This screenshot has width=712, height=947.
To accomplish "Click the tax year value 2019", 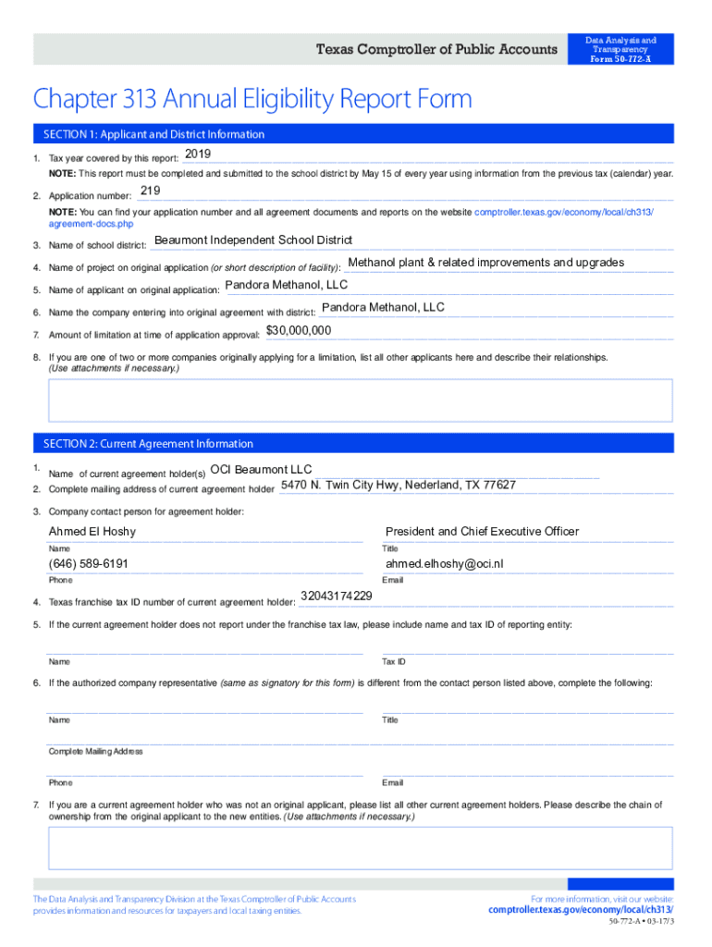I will pyautogui.click(x=199, y=154).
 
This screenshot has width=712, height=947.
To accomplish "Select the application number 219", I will pyautogui.click(x=150, y=191).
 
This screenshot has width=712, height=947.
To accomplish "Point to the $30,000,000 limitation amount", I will pyautogui.click(x=299, y=330).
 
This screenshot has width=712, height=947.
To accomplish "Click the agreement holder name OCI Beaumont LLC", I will pyautogui.click(x=262, y=469).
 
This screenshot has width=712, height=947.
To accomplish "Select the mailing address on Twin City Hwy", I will pyautogui.click(x=399, y=486).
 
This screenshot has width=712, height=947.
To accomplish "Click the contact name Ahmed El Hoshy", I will pyautogui.click(x=92, y=532).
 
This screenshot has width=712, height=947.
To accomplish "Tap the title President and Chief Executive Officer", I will pyautogui.click(x=482, y=532).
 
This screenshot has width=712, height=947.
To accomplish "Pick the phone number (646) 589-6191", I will pyautogui.click(x=89, y=564).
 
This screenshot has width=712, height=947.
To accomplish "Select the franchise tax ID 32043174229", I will pyautogui.click(x=337, y=596).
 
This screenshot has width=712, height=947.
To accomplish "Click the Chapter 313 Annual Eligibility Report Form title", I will pyautogui.click(x=252, y=99).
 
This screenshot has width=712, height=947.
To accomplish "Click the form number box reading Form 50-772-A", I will pyautogui.click(x=621, y=49).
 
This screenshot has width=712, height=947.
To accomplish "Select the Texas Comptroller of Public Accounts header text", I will pyautogui.click(x=437, y=49).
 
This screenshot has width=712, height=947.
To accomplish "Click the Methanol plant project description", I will pyautogui.click(x=485, y=263).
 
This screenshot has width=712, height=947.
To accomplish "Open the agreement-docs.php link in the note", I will pyautogui.click(x=91, y=225).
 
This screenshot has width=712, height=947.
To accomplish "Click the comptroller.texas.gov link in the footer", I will pyautogui.click(x=581, y=910).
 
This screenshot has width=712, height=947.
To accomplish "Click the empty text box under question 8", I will pyautogui.click(x=361, y=400).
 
